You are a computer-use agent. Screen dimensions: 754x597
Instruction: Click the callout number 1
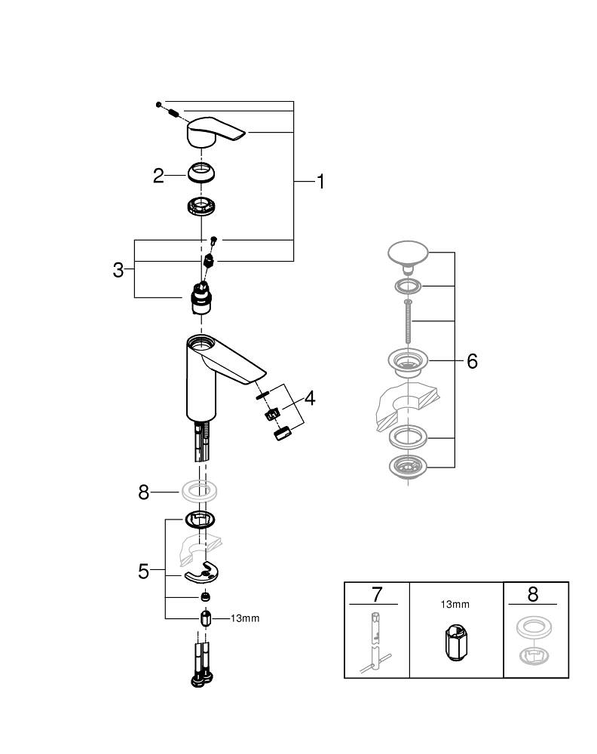pyautogui.click(x=320, y=182)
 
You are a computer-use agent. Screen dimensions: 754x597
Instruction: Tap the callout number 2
pyautogui.click(x=158, y=176)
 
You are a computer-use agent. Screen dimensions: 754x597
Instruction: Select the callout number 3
pyautogui.click(x=118, y=269)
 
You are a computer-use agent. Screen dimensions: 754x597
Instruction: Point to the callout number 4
pyautogui.click(x=309, y=398)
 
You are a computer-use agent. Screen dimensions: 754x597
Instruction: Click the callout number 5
pyautogui.click(x=144, y=572)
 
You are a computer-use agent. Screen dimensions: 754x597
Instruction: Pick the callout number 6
pyautogui.click(x=472, y=361)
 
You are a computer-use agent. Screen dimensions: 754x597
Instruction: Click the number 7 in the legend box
pyautogui.click(x=377, y=594)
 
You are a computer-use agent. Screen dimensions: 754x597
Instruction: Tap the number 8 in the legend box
pyautogui.click(x=534, y=594)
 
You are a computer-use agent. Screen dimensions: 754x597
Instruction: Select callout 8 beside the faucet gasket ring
pyautogui.click(x=144, y=492)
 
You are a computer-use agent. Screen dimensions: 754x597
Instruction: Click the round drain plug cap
pyautogui.click(x=408, y=254)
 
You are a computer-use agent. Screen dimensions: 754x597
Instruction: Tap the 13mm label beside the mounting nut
pyautogui.click(x=244, y=618)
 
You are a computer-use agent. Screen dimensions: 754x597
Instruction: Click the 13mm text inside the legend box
pyautogui.click(x=455, y=604)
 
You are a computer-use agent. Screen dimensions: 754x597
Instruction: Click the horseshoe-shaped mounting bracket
pyautogui.click(x=204, y=574)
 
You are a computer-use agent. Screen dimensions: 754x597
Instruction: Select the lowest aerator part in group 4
pyautogui.click(x=282, y=435)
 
